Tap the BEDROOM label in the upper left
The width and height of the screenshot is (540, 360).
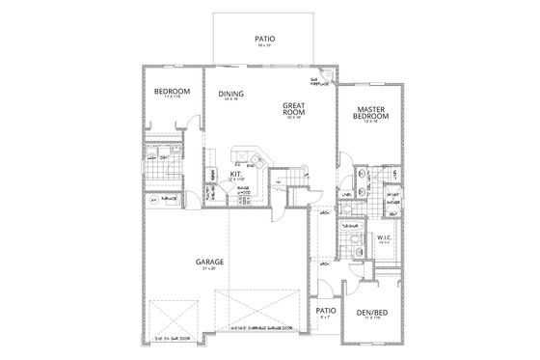172,93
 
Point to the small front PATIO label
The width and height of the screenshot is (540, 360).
326,312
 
